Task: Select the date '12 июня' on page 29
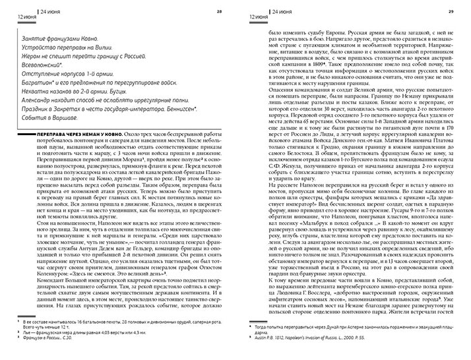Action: pyautogui.click(x=251, y=16)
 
